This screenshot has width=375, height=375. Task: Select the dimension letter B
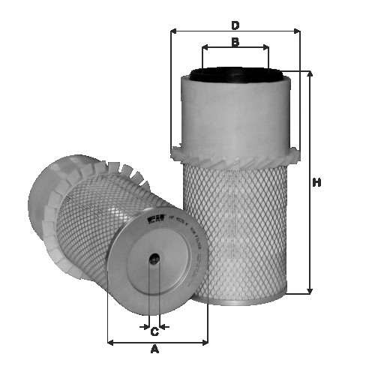click(235, 42)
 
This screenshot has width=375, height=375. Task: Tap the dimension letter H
click(317, 182)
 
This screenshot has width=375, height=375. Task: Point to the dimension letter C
click(154, 331)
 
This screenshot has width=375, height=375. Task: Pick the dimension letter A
click(155, 349)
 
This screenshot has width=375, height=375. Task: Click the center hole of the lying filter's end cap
click(154, 260)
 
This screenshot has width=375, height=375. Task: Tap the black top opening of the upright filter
click(235, 74)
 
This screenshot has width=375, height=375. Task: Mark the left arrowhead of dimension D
click(174, 31)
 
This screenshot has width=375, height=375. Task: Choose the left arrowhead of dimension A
click(111, 342)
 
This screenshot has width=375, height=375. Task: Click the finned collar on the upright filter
click(235, 154)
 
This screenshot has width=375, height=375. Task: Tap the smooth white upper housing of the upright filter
click(235, 112)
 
